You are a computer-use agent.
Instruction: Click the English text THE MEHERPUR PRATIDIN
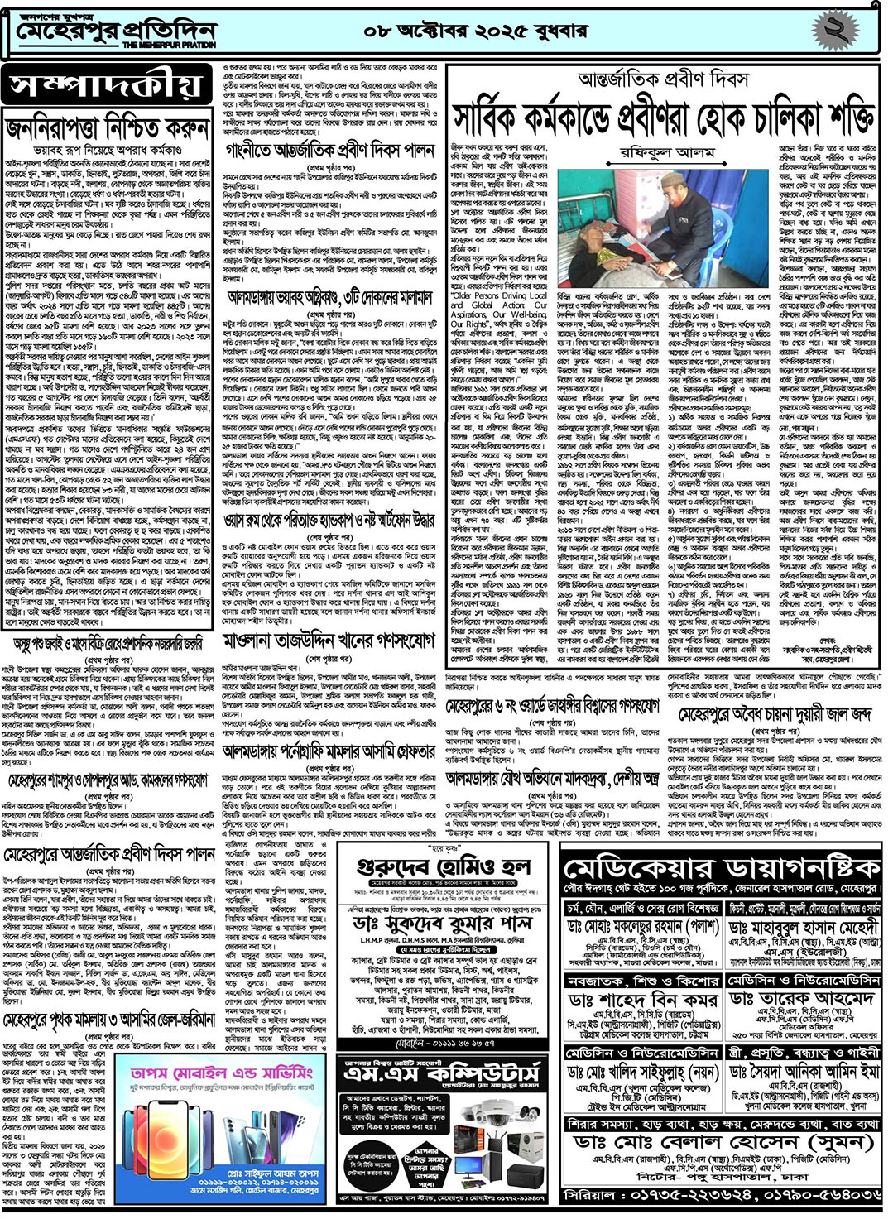click(x=170, y=45)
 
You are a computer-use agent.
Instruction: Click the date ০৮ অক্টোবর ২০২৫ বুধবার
click(x=475, y=31)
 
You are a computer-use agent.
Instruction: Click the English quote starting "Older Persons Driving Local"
click(x=498, y=295)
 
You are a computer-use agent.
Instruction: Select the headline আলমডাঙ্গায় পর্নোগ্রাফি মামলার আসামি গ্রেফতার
click(x=329, y=751)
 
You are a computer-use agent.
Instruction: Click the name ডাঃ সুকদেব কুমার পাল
click(x=443, y=922)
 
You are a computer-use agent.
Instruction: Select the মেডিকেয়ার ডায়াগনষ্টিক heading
click(x=720, y=868)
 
